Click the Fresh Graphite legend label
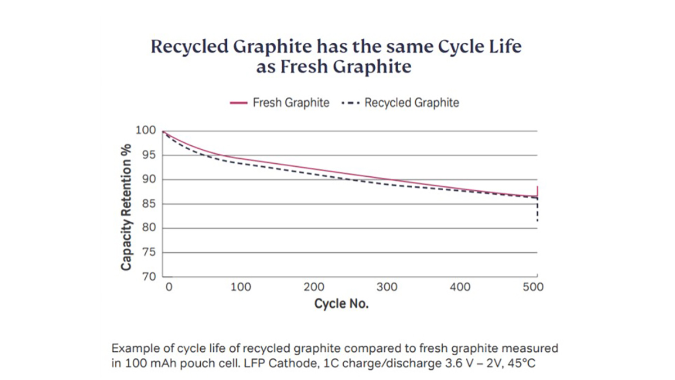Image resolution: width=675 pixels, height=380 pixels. tap(291, 103)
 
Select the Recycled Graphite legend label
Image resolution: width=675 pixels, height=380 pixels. tap(412, 103)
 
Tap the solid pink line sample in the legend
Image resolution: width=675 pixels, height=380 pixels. tap(239, 104)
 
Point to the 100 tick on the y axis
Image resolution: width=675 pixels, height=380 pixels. tap(146, 131)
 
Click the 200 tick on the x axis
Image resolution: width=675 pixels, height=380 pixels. tap(314, 287)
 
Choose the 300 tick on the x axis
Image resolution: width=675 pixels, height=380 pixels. tap(387, 287)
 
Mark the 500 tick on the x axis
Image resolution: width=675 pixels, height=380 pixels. tap(533, 287)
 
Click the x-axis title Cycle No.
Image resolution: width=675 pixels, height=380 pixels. tap(341, 305)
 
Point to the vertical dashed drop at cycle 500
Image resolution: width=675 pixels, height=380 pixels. tap(538, 211)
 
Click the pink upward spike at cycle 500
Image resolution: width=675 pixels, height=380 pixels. tap(538, 191)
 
